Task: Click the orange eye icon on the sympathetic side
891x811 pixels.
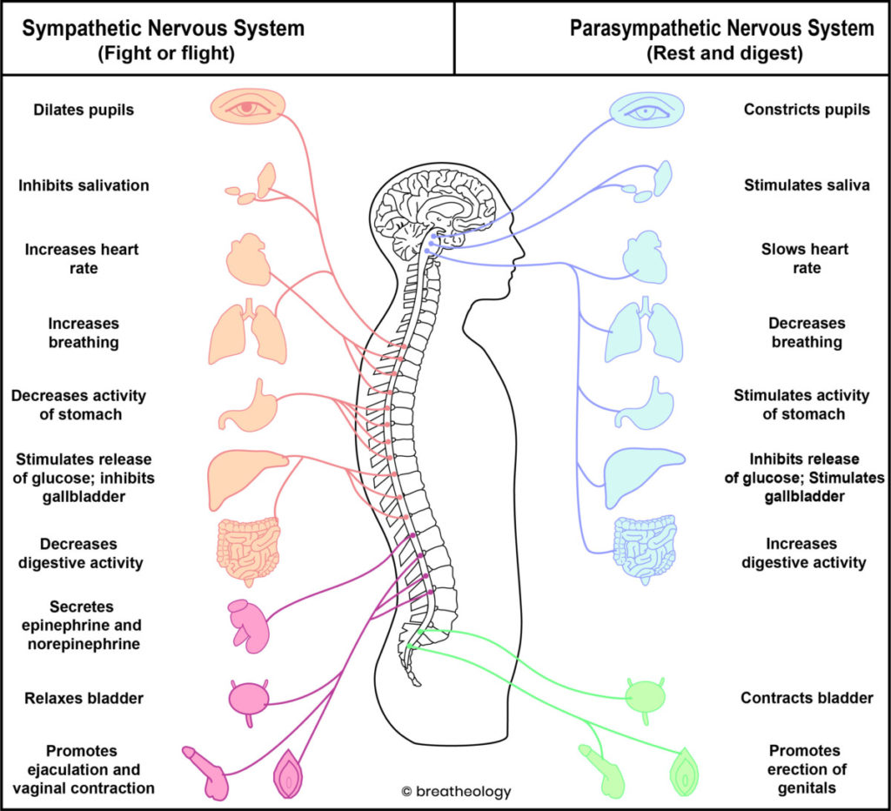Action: tap(248, 107)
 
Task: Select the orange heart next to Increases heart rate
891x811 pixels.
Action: tap(248, 259)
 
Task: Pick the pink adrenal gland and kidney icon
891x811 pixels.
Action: tap(245, 622)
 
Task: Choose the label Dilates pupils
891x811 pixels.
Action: tap(84, 111)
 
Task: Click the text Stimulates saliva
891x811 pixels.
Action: tap(806, 184)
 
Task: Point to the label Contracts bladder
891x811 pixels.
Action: tap(807, 698)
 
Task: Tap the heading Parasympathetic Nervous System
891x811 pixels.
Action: tap(721, 28)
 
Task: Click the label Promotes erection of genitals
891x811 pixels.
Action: tap(805, 769)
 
